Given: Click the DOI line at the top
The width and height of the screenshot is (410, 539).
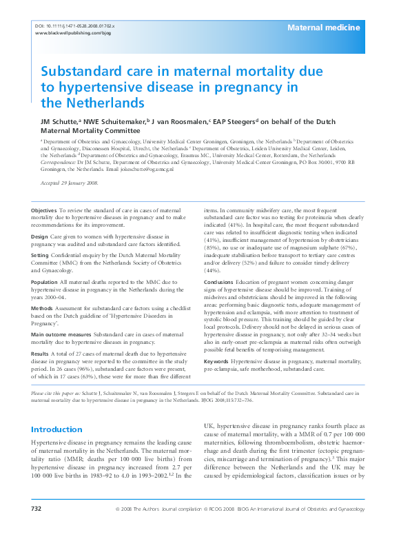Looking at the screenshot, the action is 74,26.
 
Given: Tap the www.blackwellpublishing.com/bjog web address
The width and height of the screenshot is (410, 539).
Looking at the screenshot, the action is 72,33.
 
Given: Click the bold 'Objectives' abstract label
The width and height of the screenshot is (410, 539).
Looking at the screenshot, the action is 45,209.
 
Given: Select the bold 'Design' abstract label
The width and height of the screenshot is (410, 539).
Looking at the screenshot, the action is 40,236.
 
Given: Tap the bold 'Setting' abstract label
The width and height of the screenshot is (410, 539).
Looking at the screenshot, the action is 41,254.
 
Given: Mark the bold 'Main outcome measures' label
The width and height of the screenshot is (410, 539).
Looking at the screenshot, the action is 64,334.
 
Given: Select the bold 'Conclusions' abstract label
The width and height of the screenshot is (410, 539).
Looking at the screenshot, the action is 219,281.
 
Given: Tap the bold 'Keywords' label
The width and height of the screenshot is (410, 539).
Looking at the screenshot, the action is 216,360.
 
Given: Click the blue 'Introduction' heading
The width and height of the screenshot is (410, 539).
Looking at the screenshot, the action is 57,429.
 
